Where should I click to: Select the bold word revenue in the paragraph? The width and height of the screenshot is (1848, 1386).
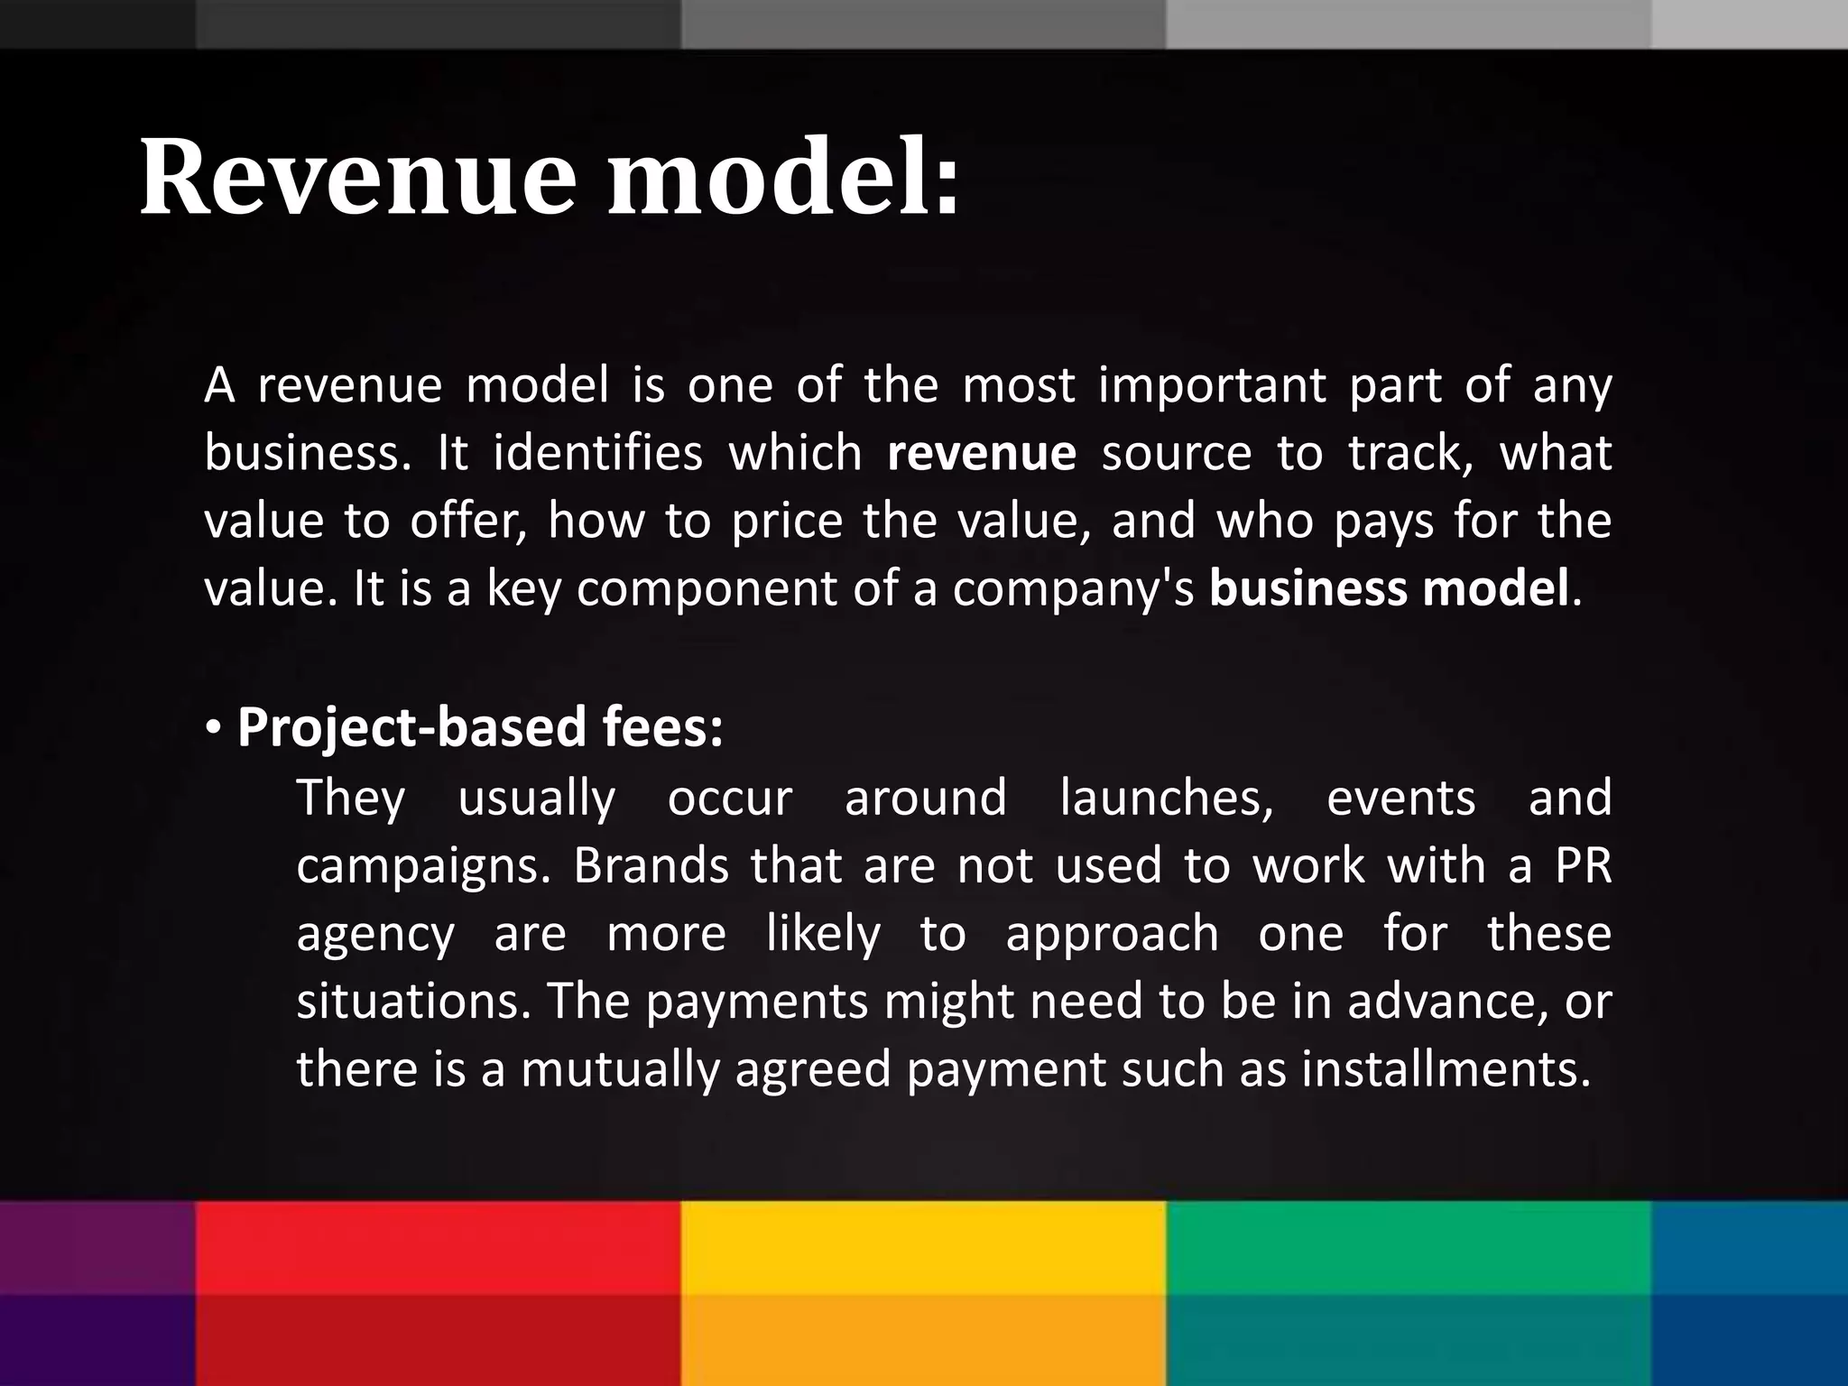click(x=981, y=453)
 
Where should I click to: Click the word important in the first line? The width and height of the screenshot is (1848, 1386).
click(x=1211, y=385)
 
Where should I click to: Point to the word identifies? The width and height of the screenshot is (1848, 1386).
click(x=597, y=453)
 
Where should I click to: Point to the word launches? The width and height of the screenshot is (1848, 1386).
click(x=1166, y=798)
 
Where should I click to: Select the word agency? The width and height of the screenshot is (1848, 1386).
click(x=375, y=935)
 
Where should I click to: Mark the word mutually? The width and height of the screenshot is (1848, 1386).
click(x=618, y=1070)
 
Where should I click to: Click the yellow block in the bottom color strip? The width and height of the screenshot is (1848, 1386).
click(x=922, y=1292)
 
